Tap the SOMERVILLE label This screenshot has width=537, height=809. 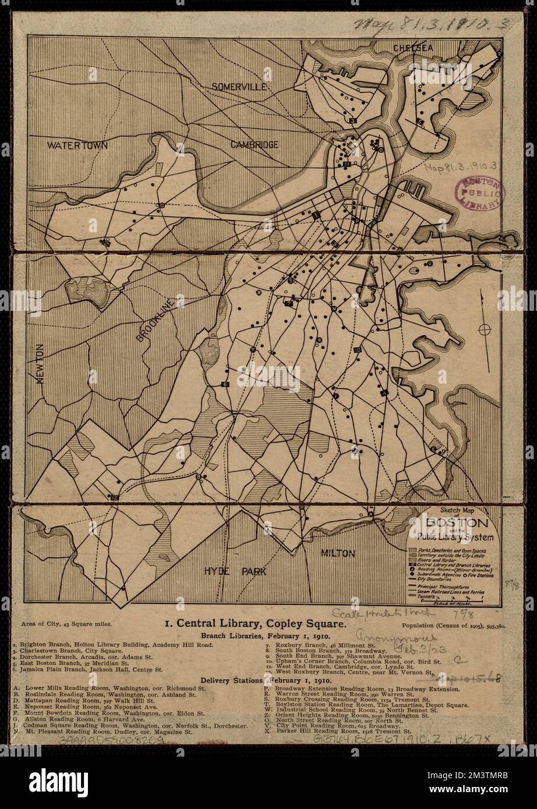point(238,86)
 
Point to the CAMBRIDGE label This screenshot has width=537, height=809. point(253,144)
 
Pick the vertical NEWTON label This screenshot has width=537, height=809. point(40,364)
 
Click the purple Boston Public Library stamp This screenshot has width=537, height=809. point(481,193)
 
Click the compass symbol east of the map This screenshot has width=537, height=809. point(483,330)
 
